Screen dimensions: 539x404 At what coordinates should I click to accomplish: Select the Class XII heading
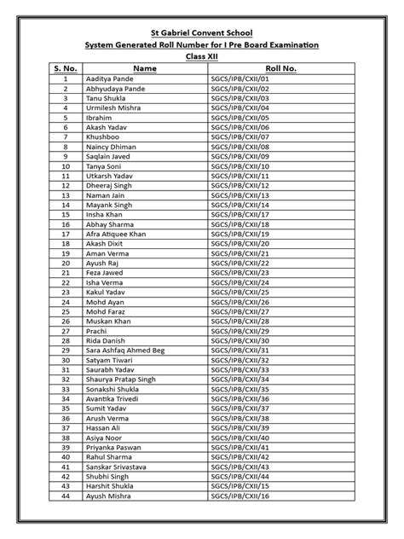pos(201,55)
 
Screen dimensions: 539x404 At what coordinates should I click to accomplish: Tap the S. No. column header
pos(66,67)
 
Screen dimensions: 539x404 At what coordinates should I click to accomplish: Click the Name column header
pos(145,67)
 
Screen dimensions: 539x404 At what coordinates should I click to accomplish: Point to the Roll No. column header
pos(280,67)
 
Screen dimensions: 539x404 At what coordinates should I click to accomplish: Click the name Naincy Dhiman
pos(110,146)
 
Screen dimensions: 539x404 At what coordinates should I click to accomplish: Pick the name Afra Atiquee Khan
pos(115,233)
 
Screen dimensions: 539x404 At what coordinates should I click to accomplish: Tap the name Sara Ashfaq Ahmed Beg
pos(124,350)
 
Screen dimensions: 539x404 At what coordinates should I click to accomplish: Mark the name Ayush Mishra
pos(108,496)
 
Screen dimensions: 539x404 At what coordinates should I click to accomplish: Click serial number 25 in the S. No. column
pos(65,311)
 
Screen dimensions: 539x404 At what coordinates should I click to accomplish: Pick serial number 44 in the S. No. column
pos(65,496)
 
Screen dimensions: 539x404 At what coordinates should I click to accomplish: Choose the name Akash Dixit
pos(105,243)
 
